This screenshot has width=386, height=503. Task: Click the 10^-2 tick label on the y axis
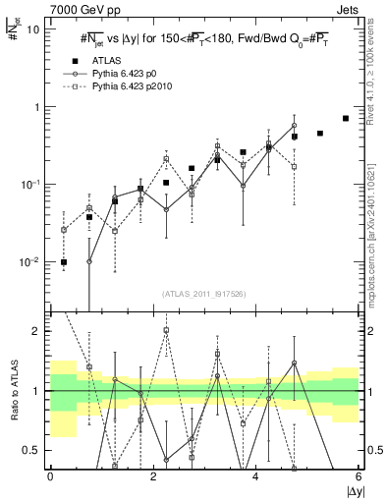coord(29,262)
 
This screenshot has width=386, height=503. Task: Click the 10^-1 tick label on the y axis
coord(29,185)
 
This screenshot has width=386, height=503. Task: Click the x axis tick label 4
coord(255,475)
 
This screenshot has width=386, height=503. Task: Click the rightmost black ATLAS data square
coord(346,119)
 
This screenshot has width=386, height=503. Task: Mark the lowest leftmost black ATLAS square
coord(64,262)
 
